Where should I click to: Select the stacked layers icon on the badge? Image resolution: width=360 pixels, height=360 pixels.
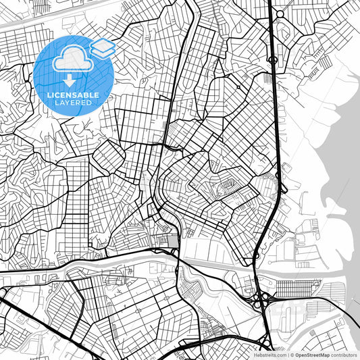click(103, 47)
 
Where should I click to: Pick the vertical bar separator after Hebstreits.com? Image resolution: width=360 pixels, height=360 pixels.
click(288, 354)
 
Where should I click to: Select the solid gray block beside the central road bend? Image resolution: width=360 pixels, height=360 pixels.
click(174, 240)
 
